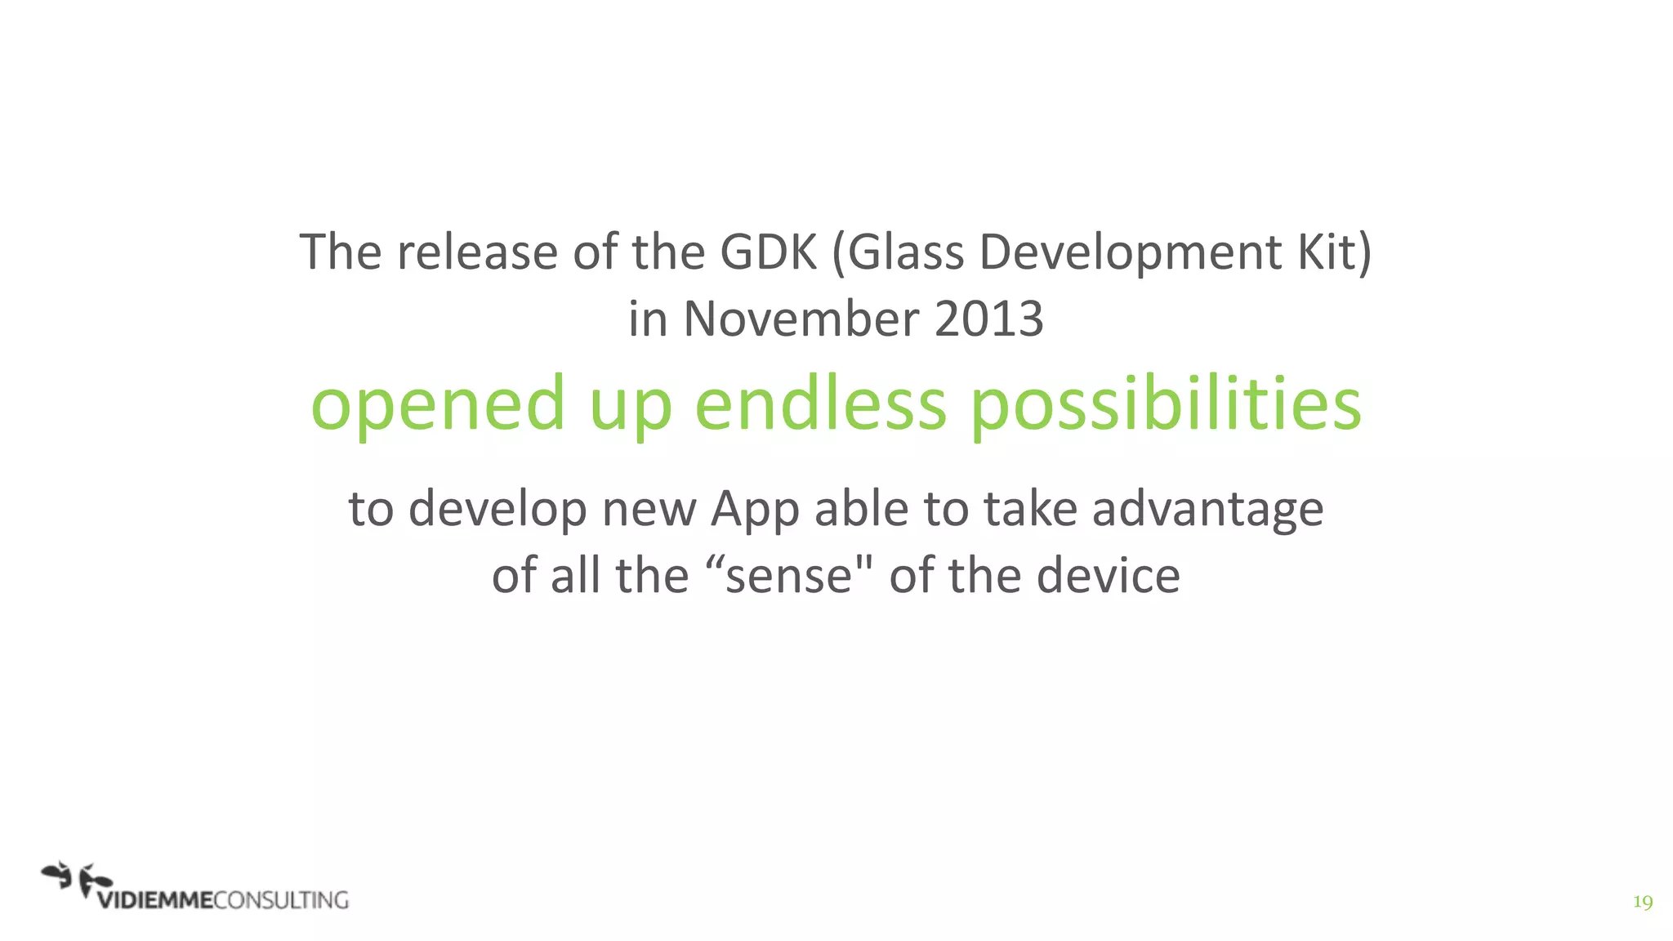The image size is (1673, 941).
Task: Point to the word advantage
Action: click(x=1207, y=511)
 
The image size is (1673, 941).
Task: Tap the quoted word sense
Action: click(x=788, y=576)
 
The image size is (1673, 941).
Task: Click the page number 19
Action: click(x=1642, y=902)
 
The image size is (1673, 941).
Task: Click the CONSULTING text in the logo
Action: click(x=281, y=900)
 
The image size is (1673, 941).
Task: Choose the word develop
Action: click(x=497, y=511)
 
